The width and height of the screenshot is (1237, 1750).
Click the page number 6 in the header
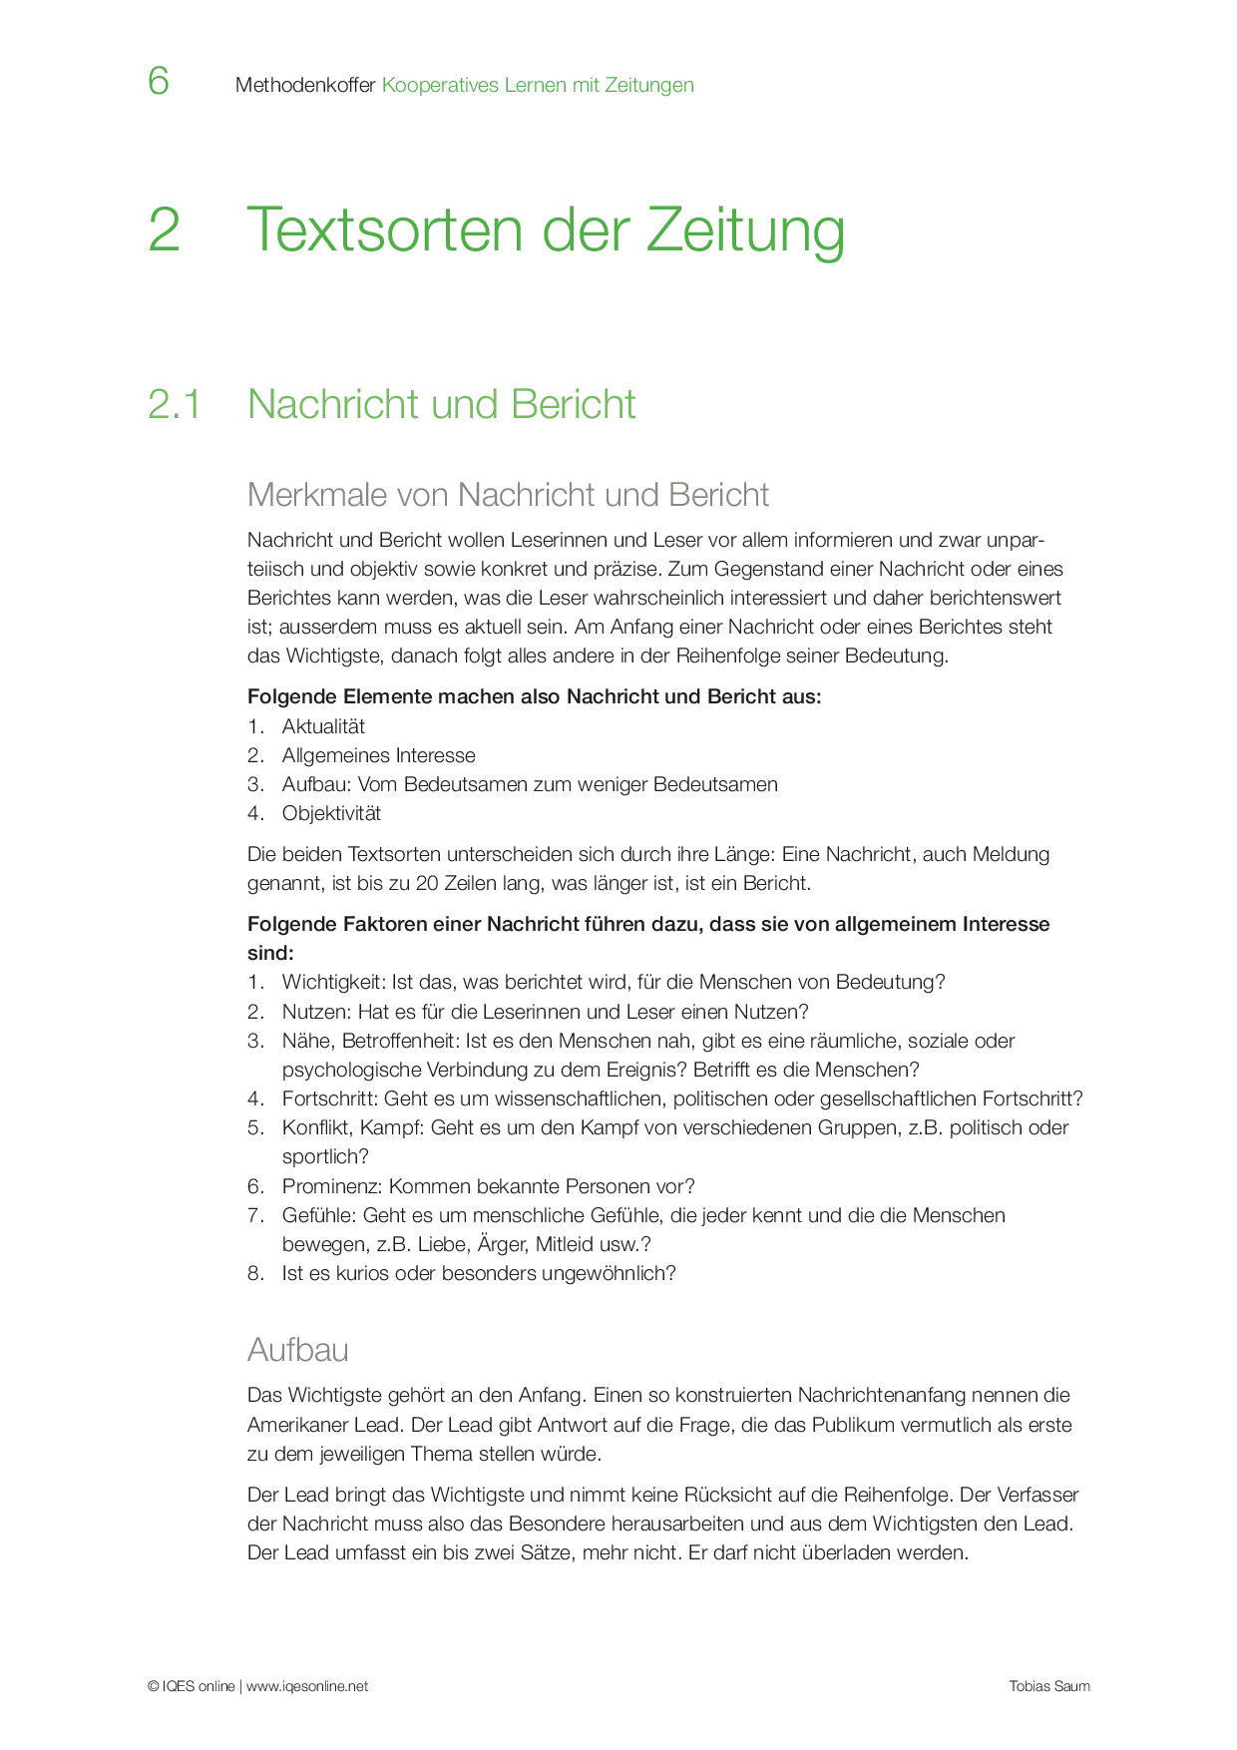click(x=159, y=81)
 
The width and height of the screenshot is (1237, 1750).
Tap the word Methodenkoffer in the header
click(x=305, y=86)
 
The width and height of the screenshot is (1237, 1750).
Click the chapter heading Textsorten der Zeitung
click(x=545, y=229)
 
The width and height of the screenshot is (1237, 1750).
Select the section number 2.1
click(x=175, y=404)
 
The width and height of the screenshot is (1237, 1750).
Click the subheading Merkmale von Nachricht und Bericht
click(x=508, y=495)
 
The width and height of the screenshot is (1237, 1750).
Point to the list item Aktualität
click(x=323, y=726)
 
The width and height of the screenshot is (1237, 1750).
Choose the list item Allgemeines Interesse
click(x=378, y=755)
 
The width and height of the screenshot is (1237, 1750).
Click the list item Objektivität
click(x=331, y=813)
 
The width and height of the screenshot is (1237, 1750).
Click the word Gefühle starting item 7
click(x=316, y=1215)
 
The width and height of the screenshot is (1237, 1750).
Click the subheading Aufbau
click(x=298, y=1350)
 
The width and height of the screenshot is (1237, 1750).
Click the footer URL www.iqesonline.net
click(x=307, y=1686)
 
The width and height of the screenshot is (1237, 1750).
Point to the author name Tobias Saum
click(x=1048, y=1686)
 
